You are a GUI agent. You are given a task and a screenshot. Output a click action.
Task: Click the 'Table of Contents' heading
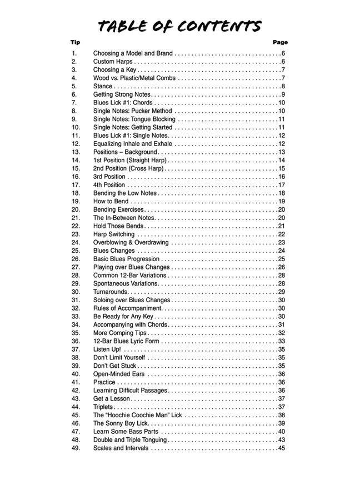click(179, 26)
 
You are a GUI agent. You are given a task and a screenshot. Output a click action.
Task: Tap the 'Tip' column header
click(75, 42)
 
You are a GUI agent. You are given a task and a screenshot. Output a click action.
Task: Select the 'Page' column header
click(280, 42)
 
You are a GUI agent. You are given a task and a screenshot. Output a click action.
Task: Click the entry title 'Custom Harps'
click(112, 62)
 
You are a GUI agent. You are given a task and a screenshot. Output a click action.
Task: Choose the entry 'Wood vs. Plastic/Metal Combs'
click(134, 78)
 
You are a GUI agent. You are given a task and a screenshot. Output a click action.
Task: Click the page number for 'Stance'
click(283, 86)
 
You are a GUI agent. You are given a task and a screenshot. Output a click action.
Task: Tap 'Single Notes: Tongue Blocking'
click(134, 119)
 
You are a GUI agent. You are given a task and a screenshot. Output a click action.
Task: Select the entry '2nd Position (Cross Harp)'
click(129, 169)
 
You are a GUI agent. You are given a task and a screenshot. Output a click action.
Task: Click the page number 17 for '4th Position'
click(281, 185)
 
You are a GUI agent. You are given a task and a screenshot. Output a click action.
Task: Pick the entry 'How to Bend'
click(111, 202)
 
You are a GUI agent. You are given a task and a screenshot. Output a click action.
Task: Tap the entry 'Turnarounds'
click(111, 292)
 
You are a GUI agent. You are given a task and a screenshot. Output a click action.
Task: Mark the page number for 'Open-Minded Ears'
click(281, 374)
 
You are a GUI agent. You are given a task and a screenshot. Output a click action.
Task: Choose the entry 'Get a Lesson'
click(112, 399)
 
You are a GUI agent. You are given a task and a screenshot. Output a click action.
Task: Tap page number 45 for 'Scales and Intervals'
click(281, 448)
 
